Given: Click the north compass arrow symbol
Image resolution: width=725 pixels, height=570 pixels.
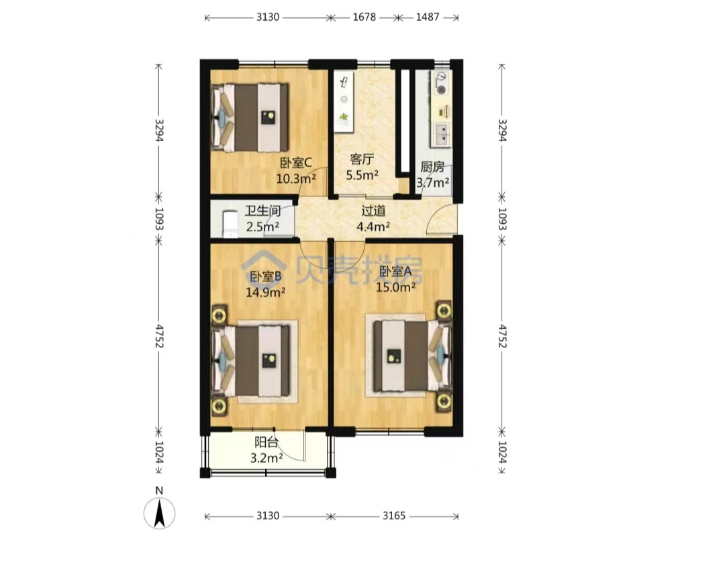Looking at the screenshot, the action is tap(160, 513).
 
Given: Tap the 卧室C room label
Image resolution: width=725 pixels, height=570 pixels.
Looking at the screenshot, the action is tap(296, 163).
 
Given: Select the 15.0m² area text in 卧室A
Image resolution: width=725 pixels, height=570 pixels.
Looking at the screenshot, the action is tap(395, 287).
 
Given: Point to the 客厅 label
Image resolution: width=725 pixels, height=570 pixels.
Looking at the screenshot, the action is tap(362, 160).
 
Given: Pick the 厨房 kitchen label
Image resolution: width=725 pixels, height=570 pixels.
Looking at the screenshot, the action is tap(432, 167).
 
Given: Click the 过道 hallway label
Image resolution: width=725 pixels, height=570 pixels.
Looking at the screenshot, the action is tap(373, 211).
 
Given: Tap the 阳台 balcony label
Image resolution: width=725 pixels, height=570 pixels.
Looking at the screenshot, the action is tap(267, 442).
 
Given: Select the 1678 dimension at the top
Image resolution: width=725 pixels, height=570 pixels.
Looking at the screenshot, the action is tap(365, 17).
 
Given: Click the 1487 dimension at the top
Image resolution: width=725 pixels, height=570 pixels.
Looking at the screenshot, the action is tap(427, 17).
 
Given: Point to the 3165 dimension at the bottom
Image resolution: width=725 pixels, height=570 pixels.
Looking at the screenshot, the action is tap(394, 516).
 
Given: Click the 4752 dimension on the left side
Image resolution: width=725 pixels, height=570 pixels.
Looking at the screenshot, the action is tap(159, 336).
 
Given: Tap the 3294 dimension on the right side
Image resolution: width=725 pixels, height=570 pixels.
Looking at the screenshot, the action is tap(502, 131).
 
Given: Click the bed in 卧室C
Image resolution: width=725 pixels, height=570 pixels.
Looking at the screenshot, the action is tap(250, 118).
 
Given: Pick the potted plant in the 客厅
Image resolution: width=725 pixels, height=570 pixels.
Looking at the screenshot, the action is tap(344, 118).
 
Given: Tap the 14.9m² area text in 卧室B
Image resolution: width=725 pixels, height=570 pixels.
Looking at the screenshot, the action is tap(265, 292).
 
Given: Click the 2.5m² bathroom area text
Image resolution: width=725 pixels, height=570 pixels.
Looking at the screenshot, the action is tap(262, 227).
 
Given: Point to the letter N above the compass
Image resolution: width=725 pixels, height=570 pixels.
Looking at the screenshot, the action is tap(160, 491).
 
